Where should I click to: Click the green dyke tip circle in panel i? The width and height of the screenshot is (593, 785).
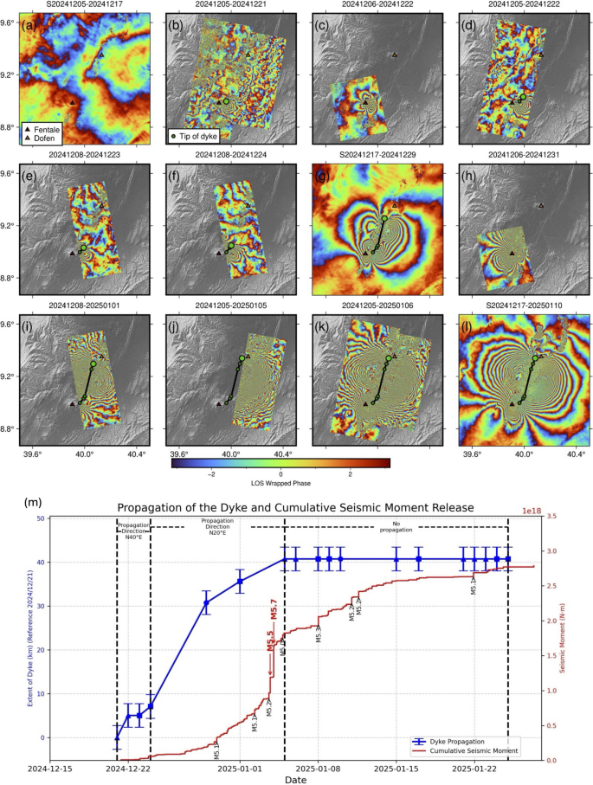[x=94, y=365]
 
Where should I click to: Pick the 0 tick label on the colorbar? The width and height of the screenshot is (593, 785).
[x=282, y=473]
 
